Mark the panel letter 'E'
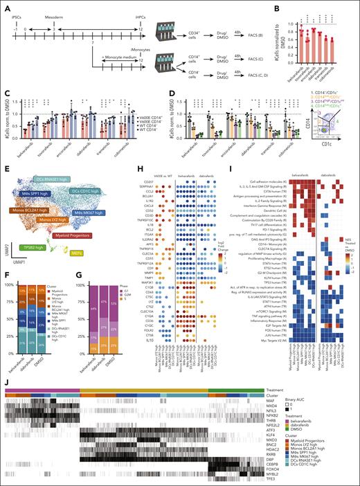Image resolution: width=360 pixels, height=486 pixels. click(5, 152)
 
